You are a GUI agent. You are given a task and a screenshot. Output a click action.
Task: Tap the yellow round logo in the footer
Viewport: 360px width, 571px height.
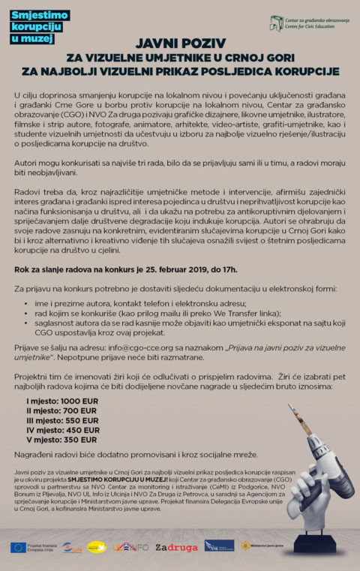tap(97, 547)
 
